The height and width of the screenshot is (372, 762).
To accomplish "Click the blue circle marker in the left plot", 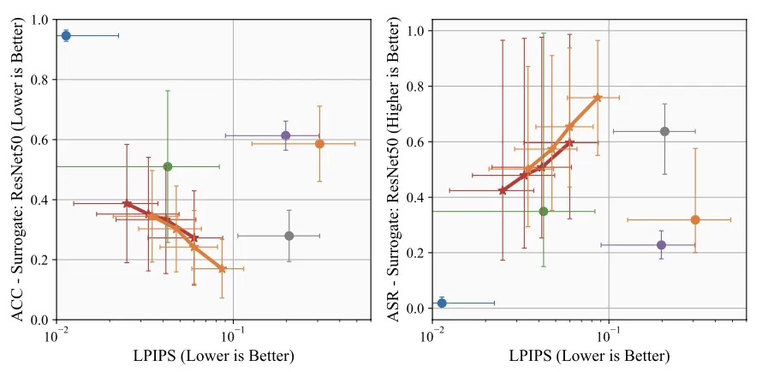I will (x=66, y=35).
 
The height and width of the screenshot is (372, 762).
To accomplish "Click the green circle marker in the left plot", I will (x=168, y=166).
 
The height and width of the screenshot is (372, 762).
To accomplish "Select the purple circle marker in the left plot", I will (x=286, y=135).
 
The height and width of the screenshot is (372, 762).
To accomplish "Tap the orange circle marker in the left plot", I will (x=319, y=144).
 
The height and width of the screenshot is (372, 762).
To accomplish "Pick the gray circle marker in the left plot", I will (x=289, y=236).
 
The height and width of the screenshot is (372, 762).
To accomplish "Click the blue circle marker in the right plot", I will (x=442, y=303).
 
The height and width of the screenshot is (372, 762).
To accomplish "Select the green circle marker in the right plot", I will (x=544, y=211).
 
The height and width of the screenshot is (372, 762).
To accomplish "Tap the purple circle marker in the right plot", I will (x=661, y=245).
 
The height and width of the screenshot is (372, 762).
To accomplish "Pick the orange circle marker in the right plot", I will (x=695, y=220).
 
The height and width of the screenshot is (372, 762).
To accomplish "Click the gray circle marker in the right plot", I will (x=664, y=131).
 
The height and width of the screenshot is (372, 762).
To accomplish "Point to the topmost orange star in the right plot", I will (x=598, y=98).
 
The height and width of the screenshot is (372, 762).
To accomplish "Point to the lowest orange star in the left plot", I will (x=222, y=268).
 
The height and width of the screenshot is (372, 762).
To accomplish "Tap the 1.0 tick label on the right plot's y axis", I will (x=416, y=32).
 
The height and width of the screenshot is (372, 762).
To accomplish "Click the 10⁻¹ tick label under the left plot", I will (x=234, y=334).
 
